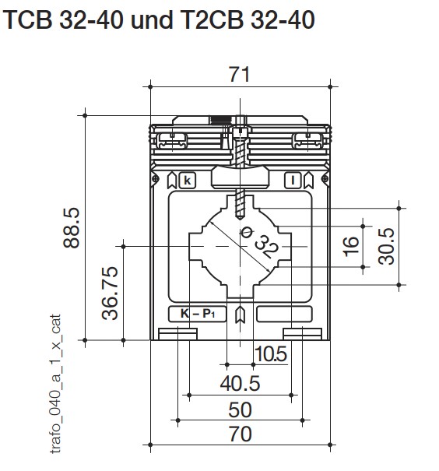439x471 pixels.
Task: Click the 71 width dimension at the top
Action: click(239, 74)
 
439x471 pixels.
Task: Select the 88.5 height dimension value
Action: click(72, 228)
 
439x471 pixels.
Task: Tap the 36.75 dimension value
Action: click(110, 293)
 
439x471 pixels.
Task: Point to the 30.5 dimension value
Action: click(386, 246)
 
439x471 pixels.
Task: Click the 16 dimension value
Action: click(351, 246)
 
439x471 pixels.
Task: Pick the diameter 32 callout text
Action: click(260, 243)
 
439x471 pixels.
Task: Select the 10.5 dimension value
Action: click(271, 354)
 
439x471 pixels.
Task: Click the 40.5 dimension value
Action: click(240, 384)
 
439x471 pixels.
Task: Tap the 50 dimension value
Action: click(240, 409)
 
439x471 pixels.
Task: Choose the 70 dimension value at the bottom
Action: click(241, 434)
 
